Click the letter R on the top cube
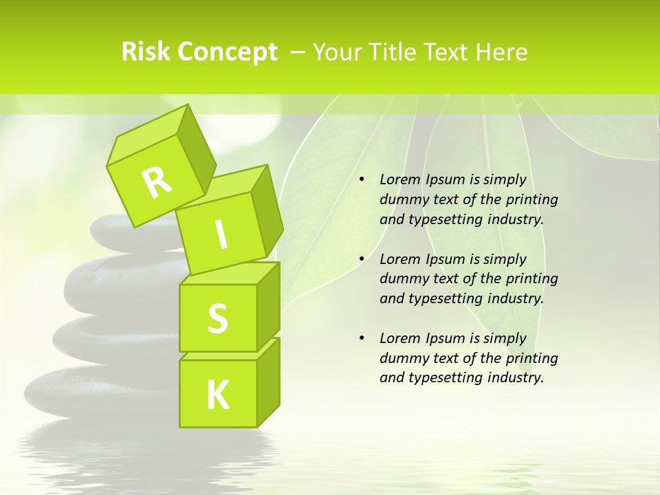(157, 182)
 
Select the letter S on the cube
(217, 319)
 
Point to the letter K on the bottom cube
(218, 395)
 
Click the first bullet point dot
(362, 180)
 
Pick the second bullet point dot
(362, 259)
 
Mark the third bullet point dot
(362, 338)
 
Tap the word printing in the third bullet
(531, 358)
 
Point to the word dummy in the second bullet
(401, 279)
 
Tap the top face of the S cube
(230, 274)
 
